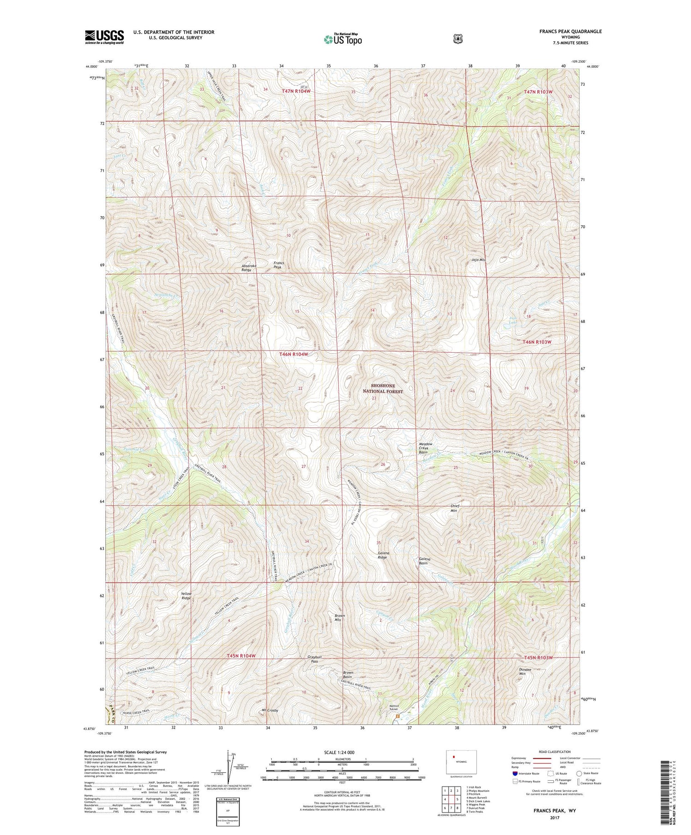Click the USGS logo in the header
click(x=104, y=37)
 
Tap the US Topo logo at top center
click(x=343, y=39)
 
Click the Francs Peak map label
click(x=278, y=265)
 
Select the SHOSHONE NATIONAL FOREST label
click(x=382, y=388)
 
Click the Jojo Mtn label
click(x=479, y=260)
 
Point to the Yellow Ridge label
click(x=186, y=596)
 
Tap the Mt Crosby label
click(x=270, y=710)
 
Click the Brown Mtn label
click(x=340, y=618)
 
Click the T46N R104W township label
click(x=293, y=354)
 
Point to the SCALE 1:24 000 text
click(x=340, y=752)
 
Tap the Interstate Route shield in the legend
click(x=515, y=773)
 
